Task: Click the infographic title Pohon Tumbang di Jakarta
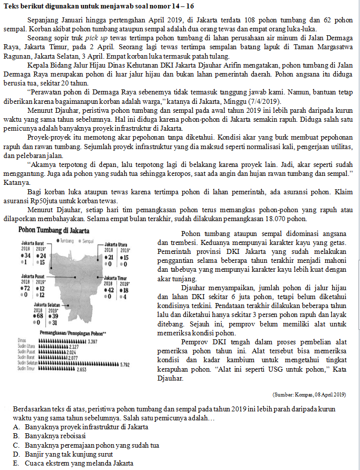[54, 231]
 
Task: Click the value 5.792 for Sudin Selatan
[126, 364]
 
